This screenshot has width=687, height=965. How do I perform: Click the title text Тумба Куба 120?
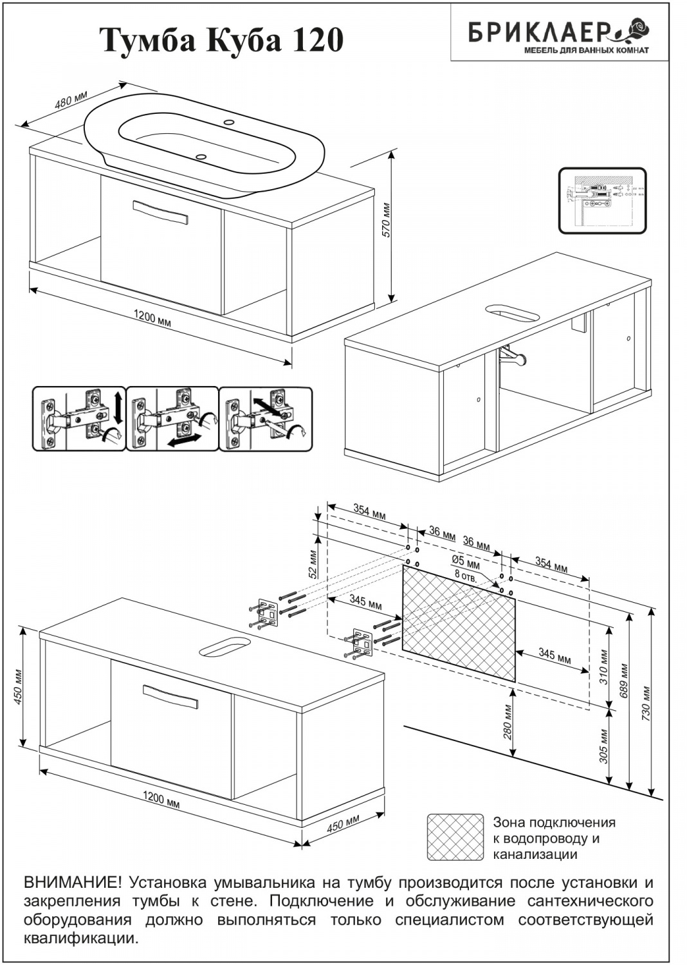(x=221, y=40)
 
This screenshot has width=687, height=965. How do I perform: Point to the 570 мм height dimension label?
(x=386, y=220)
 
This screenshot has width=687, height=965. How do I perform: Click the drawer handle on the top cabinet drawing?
(x=160, y=212)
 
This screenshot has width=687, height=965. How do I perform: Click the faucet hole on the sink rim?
(x=230, y=122)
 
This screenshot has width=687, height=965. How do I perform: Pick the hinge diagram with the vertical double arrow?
(x=78, y=419)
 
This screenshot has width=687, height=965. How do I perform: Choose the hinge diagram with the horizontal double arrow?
(x=172, y=419)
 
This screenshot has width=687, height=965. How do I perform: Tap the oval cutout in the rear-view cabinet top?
(x=511, y=313)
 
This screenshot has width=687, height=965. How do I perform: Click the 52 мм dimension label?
(x=313, y=563)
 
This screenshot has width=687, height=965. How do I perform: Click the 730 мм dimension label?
(x=646, y=704)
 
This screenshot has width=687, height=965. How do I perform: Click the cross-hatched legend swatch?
(x=455, y=836)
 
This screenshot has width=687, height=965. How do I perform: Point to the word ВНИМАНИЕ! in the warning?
(x=71, y=882)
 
